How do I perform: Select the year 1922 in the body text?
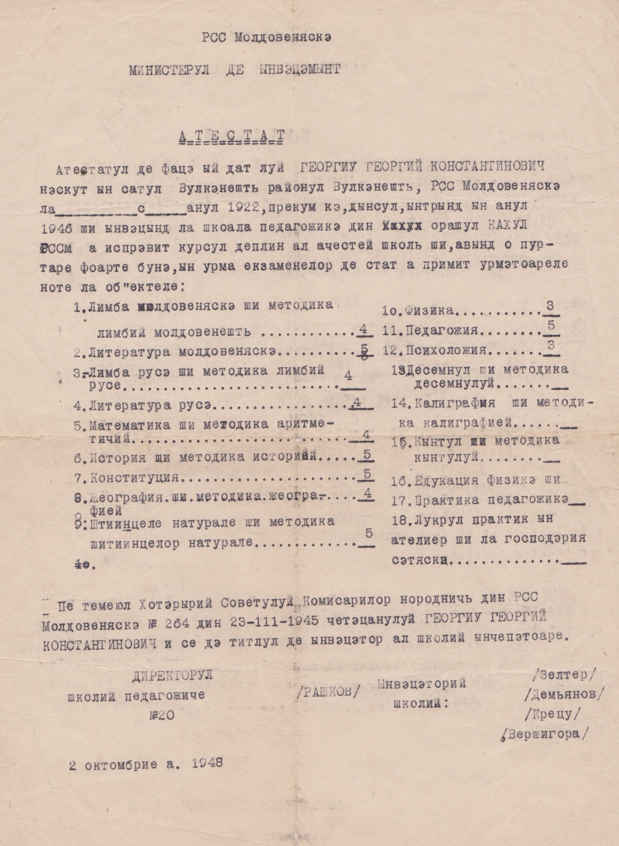click(x=234, y=208)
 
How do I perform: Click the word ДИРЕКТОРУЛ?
click(x=172, y=676)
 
